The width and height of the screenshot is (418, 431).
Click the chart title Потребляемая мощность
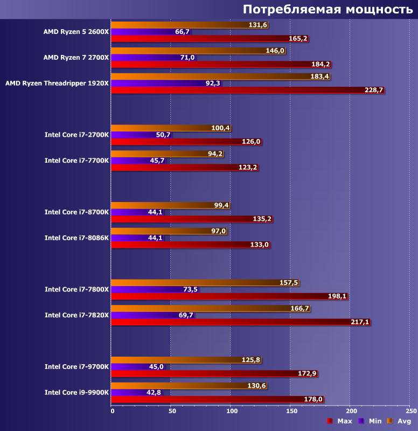tap(328, 9)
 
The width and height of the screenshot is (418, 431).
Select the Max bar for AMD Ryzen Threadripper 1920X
tap(237, 90)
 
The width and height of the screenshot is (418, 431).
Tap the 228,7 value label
tap(374, 90)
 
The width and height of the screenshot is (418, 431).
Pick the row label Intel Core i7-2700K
tap(76, 135)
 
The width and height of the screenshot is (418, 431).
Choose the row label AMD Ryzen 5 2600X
tap(76, 31)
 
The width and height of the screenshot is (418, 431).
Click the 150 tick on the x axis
tap(291, 412)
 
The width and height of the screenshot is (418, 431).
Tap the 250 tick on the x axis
tap(409, 412)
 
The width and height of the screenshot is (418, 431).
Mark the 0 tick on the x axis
tap(112, 412)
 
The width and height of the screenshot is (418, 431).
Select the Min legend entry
tap(370, 421)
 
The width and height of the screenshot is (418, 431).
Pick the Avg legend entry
tap(400, 421)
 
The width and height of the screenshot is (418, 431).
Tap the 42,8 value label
tap(154, 392)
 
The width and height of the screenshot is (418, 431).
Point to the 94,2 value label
tap(215, 154)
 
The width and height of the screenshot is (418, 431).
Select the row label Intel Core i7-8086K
tap(76, 238)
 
